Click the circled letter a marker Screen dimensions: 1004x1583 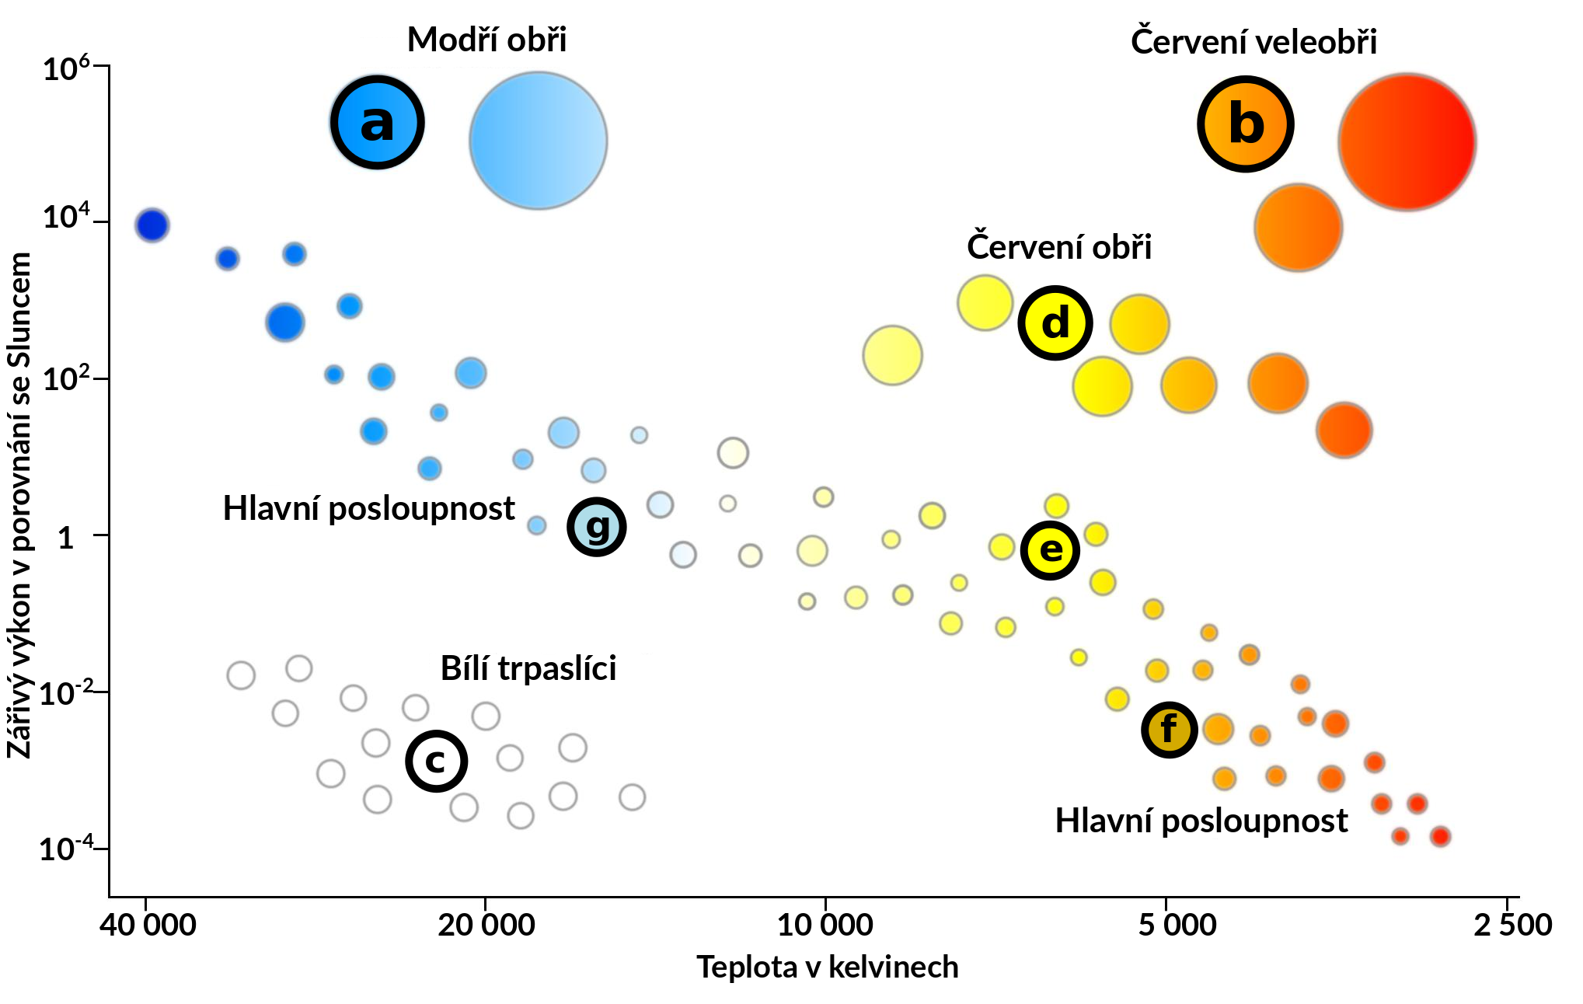click(377, 123)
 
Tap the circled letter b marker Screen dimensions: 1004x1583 click(1245, 124)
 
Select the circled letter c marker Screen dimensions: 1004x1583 click(436, 761)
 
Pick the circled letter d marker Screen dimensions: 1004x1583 click(1055, 323)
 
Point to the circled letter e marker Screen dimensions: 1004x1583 click(1050, 550)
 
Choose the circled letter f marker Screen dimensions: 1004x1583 click(1169, 730)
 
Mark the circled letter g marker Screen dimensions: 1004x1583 click(596, 527)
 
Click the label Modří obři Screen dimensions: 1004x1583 click(486, 40)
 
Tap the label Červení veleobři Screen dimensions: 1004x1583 click(1253, 41)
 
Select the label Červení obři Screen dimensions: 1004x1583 click(1058, 246)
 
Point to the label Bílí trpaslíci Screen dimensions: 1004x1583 click(528, 668)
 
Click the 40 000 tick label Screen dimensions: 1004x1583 click(148, 925)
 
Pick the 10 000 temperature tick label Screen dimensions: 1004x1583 click(825, 925)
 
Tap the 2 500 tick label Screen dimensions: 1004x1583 click(1512, 925)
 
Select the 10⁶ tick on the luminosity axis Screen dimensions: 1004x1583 click(66, 68)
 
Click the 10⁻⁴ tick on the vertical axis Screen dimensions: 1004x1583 click(66, 848)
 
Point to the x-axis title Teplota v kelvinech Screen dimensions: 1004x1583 click(827, 967)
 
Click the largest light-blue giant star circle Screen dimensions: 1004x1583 click(538, 141)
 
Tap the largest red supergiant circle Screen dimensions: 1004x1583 click(1407, 142)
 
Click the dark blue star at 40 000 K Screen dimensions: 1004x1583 click(152, 225)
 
